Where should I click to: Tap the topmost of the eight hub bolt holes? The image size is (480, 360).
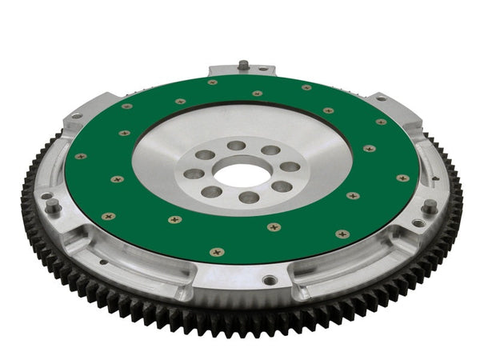(x=236, y=146)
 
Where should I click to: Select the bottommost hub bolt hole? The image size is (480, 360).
(x=249, y=197)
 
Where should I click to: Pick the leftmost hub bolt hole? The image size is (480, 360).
(x=194, y=173)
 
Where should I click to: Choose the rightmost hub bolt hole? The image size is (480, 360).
(x=290, y=167)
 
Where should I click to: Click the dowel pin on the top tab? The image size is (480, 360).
(x=242, y=65)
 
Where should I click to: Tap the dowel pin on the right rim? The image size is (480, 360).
(x=430, y=206)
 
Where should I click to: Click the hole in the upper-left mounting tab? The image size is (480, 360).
(x=77, y=116)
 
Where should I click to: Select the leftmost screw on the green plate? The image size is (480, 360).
(x=80, y=156)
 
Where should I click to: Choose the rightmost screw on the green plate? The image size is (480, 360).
(x=402, y=178)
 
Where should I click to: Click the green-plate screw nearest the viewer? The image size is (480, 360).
(x=217, y=252)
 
